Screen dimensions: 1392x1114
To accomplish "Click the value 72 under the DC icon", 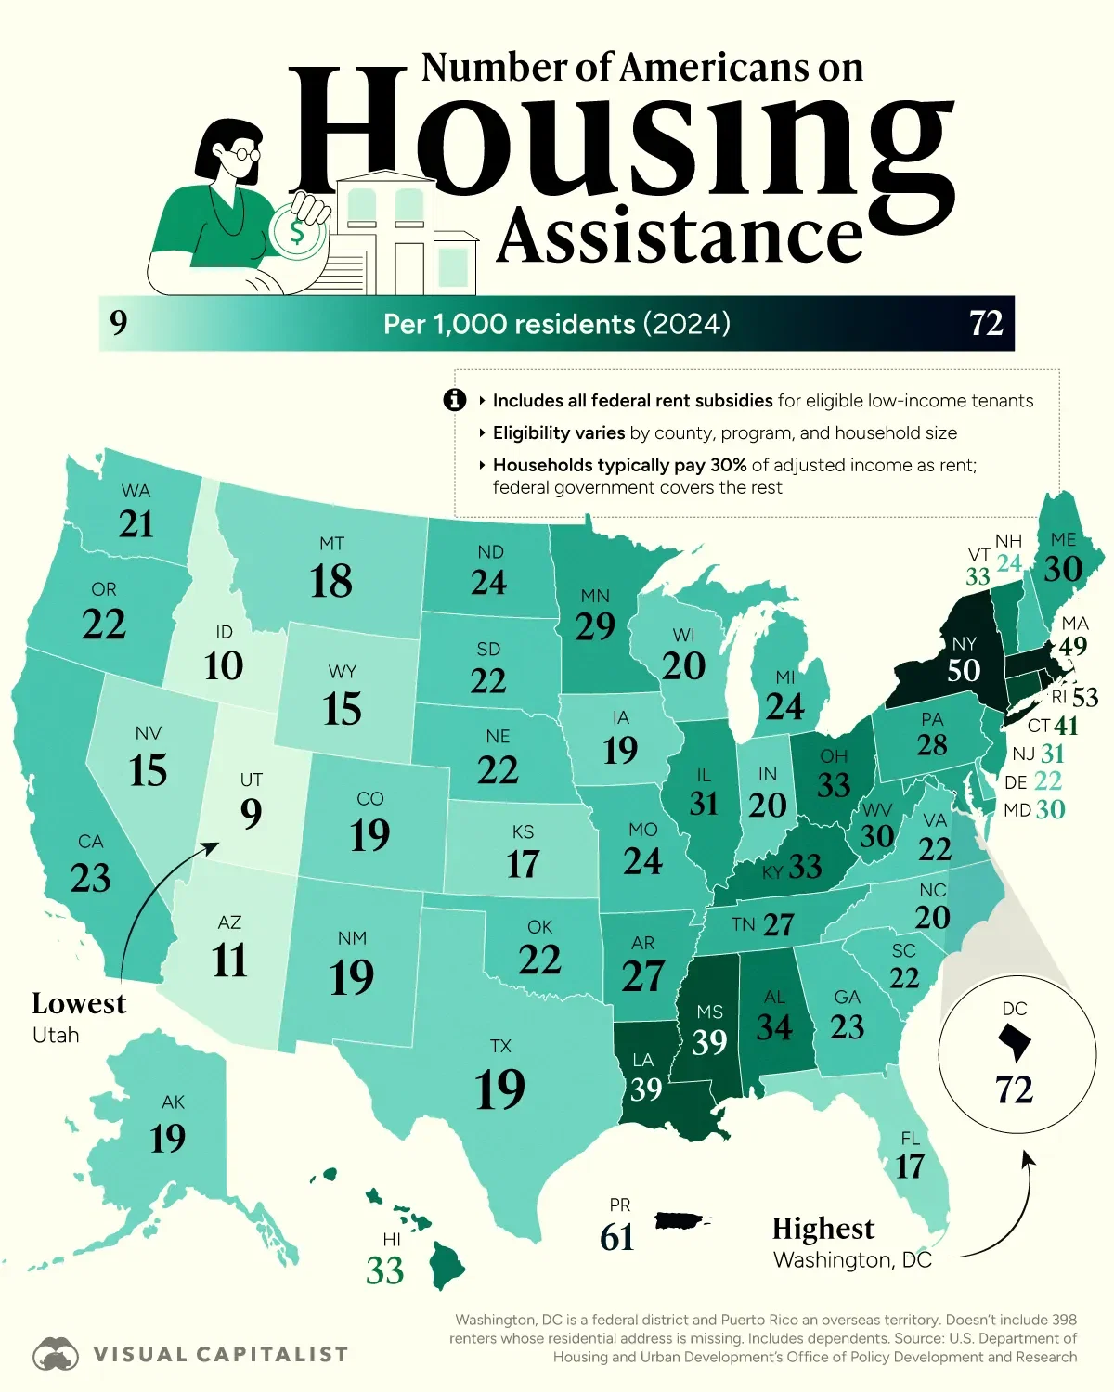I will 1014,1089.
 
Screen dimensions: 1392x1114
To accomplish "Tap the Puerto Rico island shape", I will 681,1221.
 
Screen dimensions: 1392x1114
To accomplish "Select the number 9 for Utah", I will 251,814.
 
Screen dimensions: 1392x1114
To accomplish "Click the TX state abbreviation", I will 500,1046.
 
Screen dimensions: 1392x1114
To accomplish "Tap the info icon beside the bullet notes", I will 454,400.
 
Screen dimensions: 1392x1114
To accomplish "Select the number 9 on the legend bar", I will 118,323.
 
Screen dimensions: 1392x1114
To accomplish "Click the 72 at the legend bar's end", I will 986,323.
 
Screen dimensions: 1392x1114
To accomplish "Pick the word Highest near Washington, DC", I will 823,1229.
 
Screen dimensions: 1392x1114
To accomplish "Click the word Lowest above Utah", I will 79,1004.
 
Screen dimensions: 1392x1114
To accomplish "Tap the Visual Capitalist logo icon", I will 56,1355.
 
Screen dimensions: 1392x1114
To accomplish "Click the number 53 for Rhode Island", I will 1084,698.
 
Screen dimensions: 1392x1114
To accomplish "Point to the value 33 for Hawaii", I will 384,1270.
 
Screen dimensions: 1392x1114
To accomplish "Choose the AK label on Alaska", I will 173,1102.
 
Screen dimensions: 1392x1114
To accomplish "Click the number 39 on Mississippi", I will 709,1043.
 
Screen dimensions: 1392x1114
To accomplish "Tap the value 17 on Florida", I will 910,1166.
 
